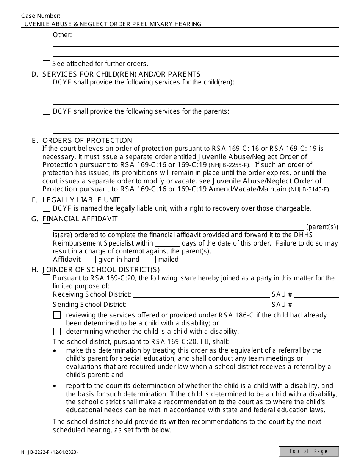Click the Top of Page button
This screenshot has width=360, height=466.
[x=308, y=451]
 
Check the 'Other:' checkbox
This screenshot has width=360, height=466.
[x=46, y=35]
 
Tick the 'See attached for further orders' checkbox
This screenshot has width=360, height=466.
[x=46, y=64]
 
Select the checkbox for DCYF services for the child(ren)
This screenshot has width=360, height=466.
[x=46, y=82]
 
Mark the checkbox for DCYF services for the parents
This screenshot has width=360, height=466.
[x=46, y=111]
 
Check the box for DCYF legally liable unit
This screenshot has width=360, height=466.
[x=46, y=208]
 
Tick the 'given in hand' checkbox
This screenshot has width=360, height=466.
[x=92, y=260]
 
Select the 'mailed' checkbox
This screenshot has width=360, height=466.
[x=152, y=260]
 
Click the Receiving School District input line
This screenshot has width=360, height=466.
[x=201, y=294]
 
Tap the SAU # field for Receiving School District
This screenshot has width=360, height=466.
[x=316, y=294]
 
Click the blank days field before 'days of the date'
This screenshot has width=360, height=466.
[x=167, y=243]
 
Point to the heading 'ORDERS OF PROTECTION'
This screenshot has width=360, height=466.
[x=87, y=140]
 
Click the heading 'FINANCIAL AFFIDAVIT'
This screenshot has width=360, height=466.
[x=80, y=219]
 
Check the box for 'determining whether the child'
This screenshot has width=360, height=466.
[x=57, y=331]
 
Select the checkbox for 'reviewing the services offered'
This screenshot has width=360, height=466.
[x=57, y=315]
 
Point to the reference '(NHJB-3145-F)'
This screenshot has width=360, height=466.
[x=309, y=189]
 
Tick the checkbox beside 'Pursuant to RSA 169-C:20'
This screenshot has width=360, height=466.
[x=46, y=278]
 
